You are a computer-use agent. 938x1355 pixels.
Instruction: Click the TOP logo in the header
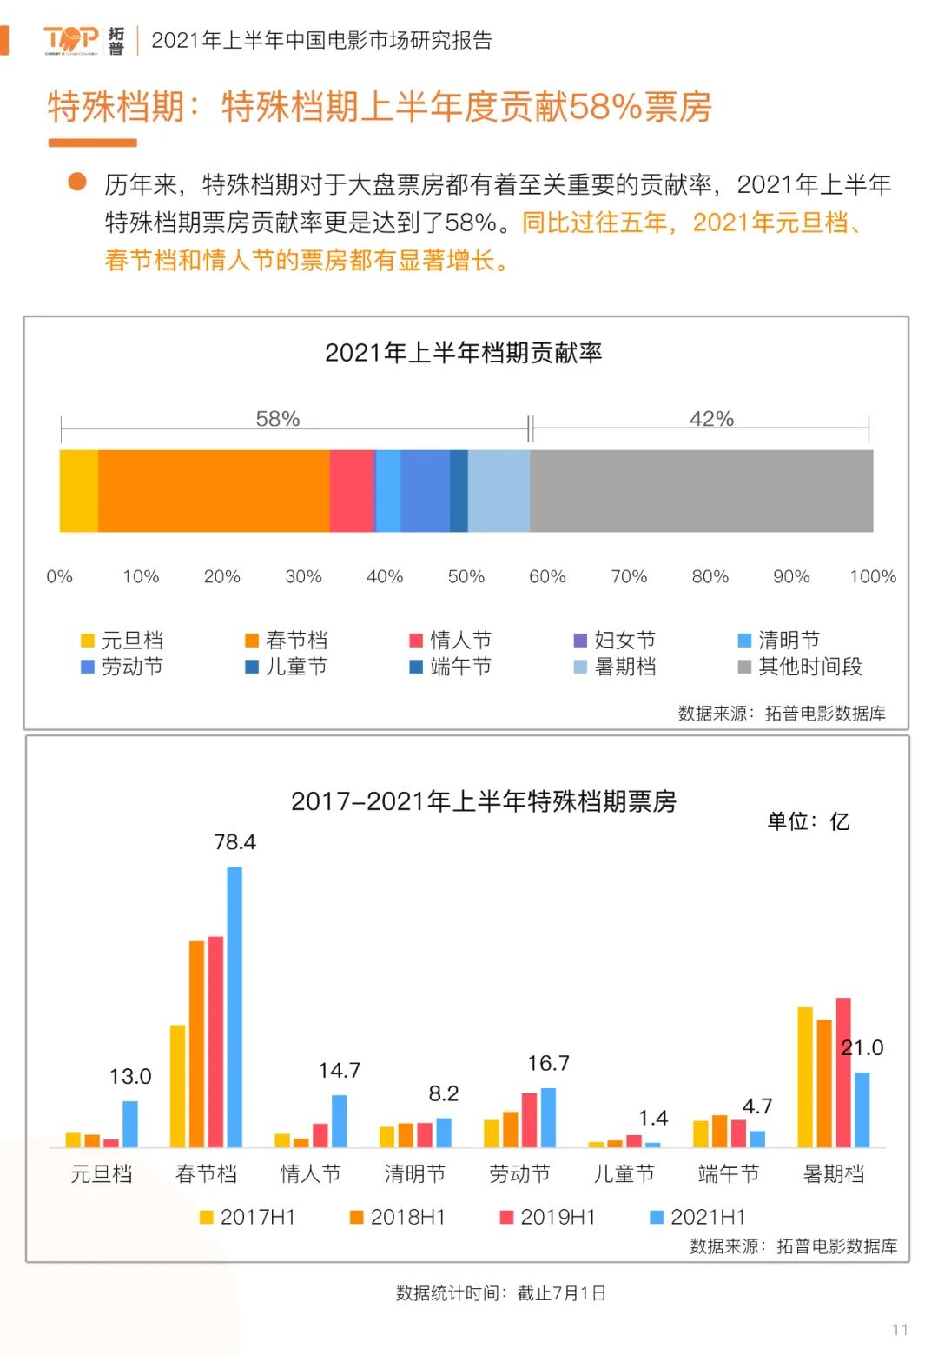click(x=71, y=40)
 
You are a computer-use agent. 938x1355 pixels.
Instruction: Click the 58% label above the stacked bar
click(x=277, y=419)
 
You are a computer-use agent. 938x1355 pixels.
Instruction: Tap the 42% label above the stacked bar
click(x=711, y=419)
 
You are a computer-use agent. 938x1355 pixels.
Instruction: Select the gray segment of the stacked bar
click(x=701, y=491)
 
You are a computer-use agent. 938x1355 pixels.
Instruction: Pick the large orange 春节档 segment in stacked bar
click(x=214, y=491)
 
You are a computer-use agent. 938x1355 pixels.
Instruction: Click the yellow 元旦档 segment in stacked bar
click(x=78, y=491)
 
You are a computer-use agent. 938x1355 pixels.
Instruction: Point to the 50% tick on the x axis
click(x=466, y=576)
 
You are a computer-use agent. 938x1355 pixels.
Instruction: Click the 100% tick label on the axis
click(x=872, y=576)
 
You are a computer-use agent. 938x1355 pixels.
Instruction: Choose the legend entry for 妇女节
click(x=615, y=641)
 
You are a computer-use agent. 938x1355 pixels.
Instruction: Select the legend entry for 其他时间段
click(x=800, y=667)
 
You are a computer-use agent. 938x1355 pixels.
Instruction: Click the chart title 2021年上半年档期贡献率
click(x=463, y=353)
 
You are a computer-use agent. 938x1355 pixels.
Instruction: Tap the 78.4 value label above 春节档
click(x=234, y=842)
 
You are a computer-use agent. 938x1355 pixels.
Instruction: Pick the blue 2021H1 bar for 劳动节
click(x=548, y=1118)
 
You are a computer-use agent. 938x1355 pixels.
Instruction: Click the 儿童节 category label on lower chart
click(x=624, y=1174)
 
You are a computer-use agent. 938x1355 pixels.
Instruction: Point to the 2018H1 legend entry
click(x=398, y=1217)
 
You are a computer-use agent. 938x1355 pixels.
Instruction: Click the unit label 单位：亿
click(x=808, y=821)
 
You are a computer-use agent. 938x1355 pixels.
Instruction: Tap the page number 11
click(x=900, y=1330)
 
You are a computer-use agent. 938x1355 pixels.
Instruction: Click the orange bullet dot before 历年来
click(x=77, y=182)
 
